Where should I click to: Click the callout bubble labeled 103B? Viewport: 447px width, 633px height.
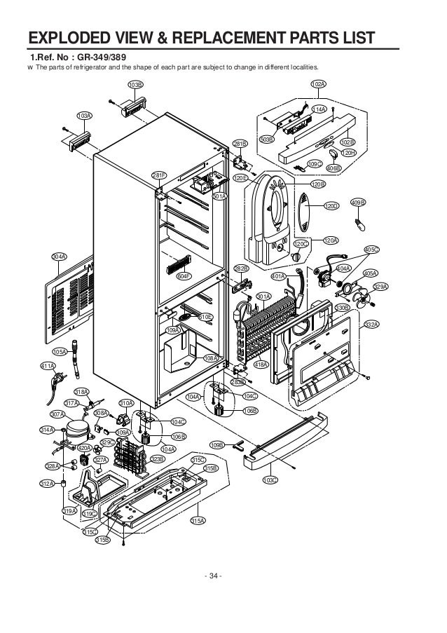[x=135, y=84]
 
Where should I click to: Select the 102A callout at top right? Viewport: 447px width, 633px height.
[x=317, y=84]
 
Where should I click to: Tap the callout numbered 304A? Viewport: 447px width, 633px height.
[x=59, y=257]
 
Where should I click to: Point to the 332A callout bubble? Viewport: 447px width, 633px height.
[x=371, y=325]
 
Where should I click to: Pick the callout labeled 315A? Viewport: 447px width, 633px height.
[x=198, y=520]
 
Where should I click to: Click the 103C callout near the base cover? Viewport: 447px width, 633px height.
[x=270, y=479]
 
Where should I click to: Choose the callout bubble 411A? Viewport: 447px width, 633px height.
[x=48, y=366]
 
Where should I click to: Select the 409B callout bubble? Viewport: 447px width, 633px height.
[x=358, y=203]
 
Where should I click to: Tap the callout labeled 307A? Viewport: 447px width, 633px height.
[x=57, y=414]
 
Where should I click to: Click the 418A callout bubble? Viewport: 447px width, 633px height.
[x=261, y=365]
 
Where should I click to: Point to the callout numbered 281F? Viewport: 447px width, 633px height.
[x=160, y=175]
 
